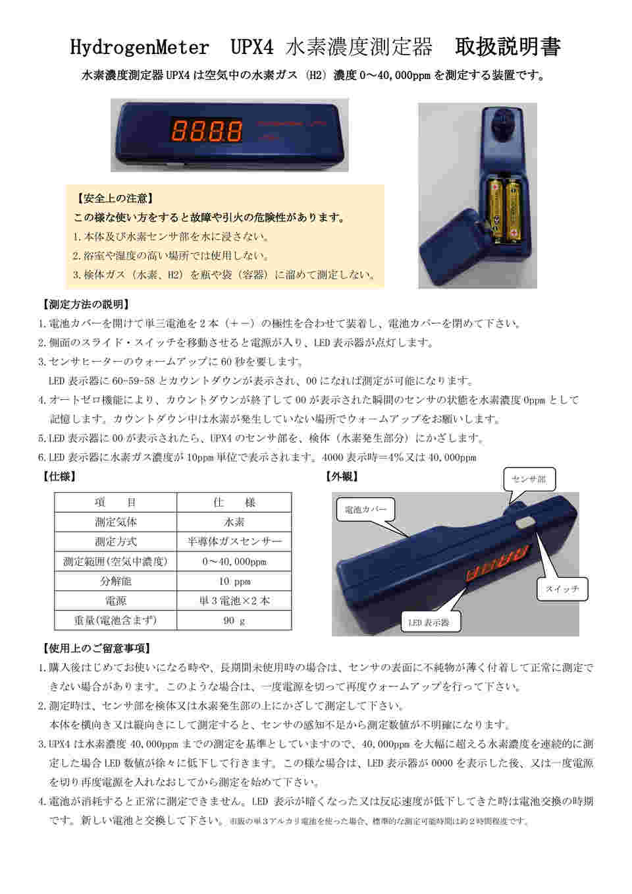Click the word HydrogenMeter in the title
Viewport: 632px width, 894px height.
139,47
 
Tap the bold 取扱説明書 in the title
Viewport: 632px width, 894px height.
508,47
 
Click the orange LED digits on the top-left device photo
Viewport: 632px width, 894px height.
206,130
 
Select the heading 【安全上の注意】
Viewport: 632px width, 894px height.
116,198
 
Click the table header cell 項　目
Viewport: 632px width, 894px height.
115,502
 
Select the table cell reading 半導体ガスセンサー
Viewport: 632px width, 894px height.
234,542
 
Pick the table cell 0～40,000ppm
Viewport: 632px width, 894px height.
234,561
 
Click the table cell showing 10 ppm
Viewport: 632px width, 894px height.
234,581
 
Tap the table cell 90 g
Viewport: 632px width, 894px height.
234,620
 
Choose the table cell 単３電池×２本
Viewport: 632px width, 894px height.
234,600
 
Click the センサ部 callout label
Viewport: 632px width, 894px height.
529,479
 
